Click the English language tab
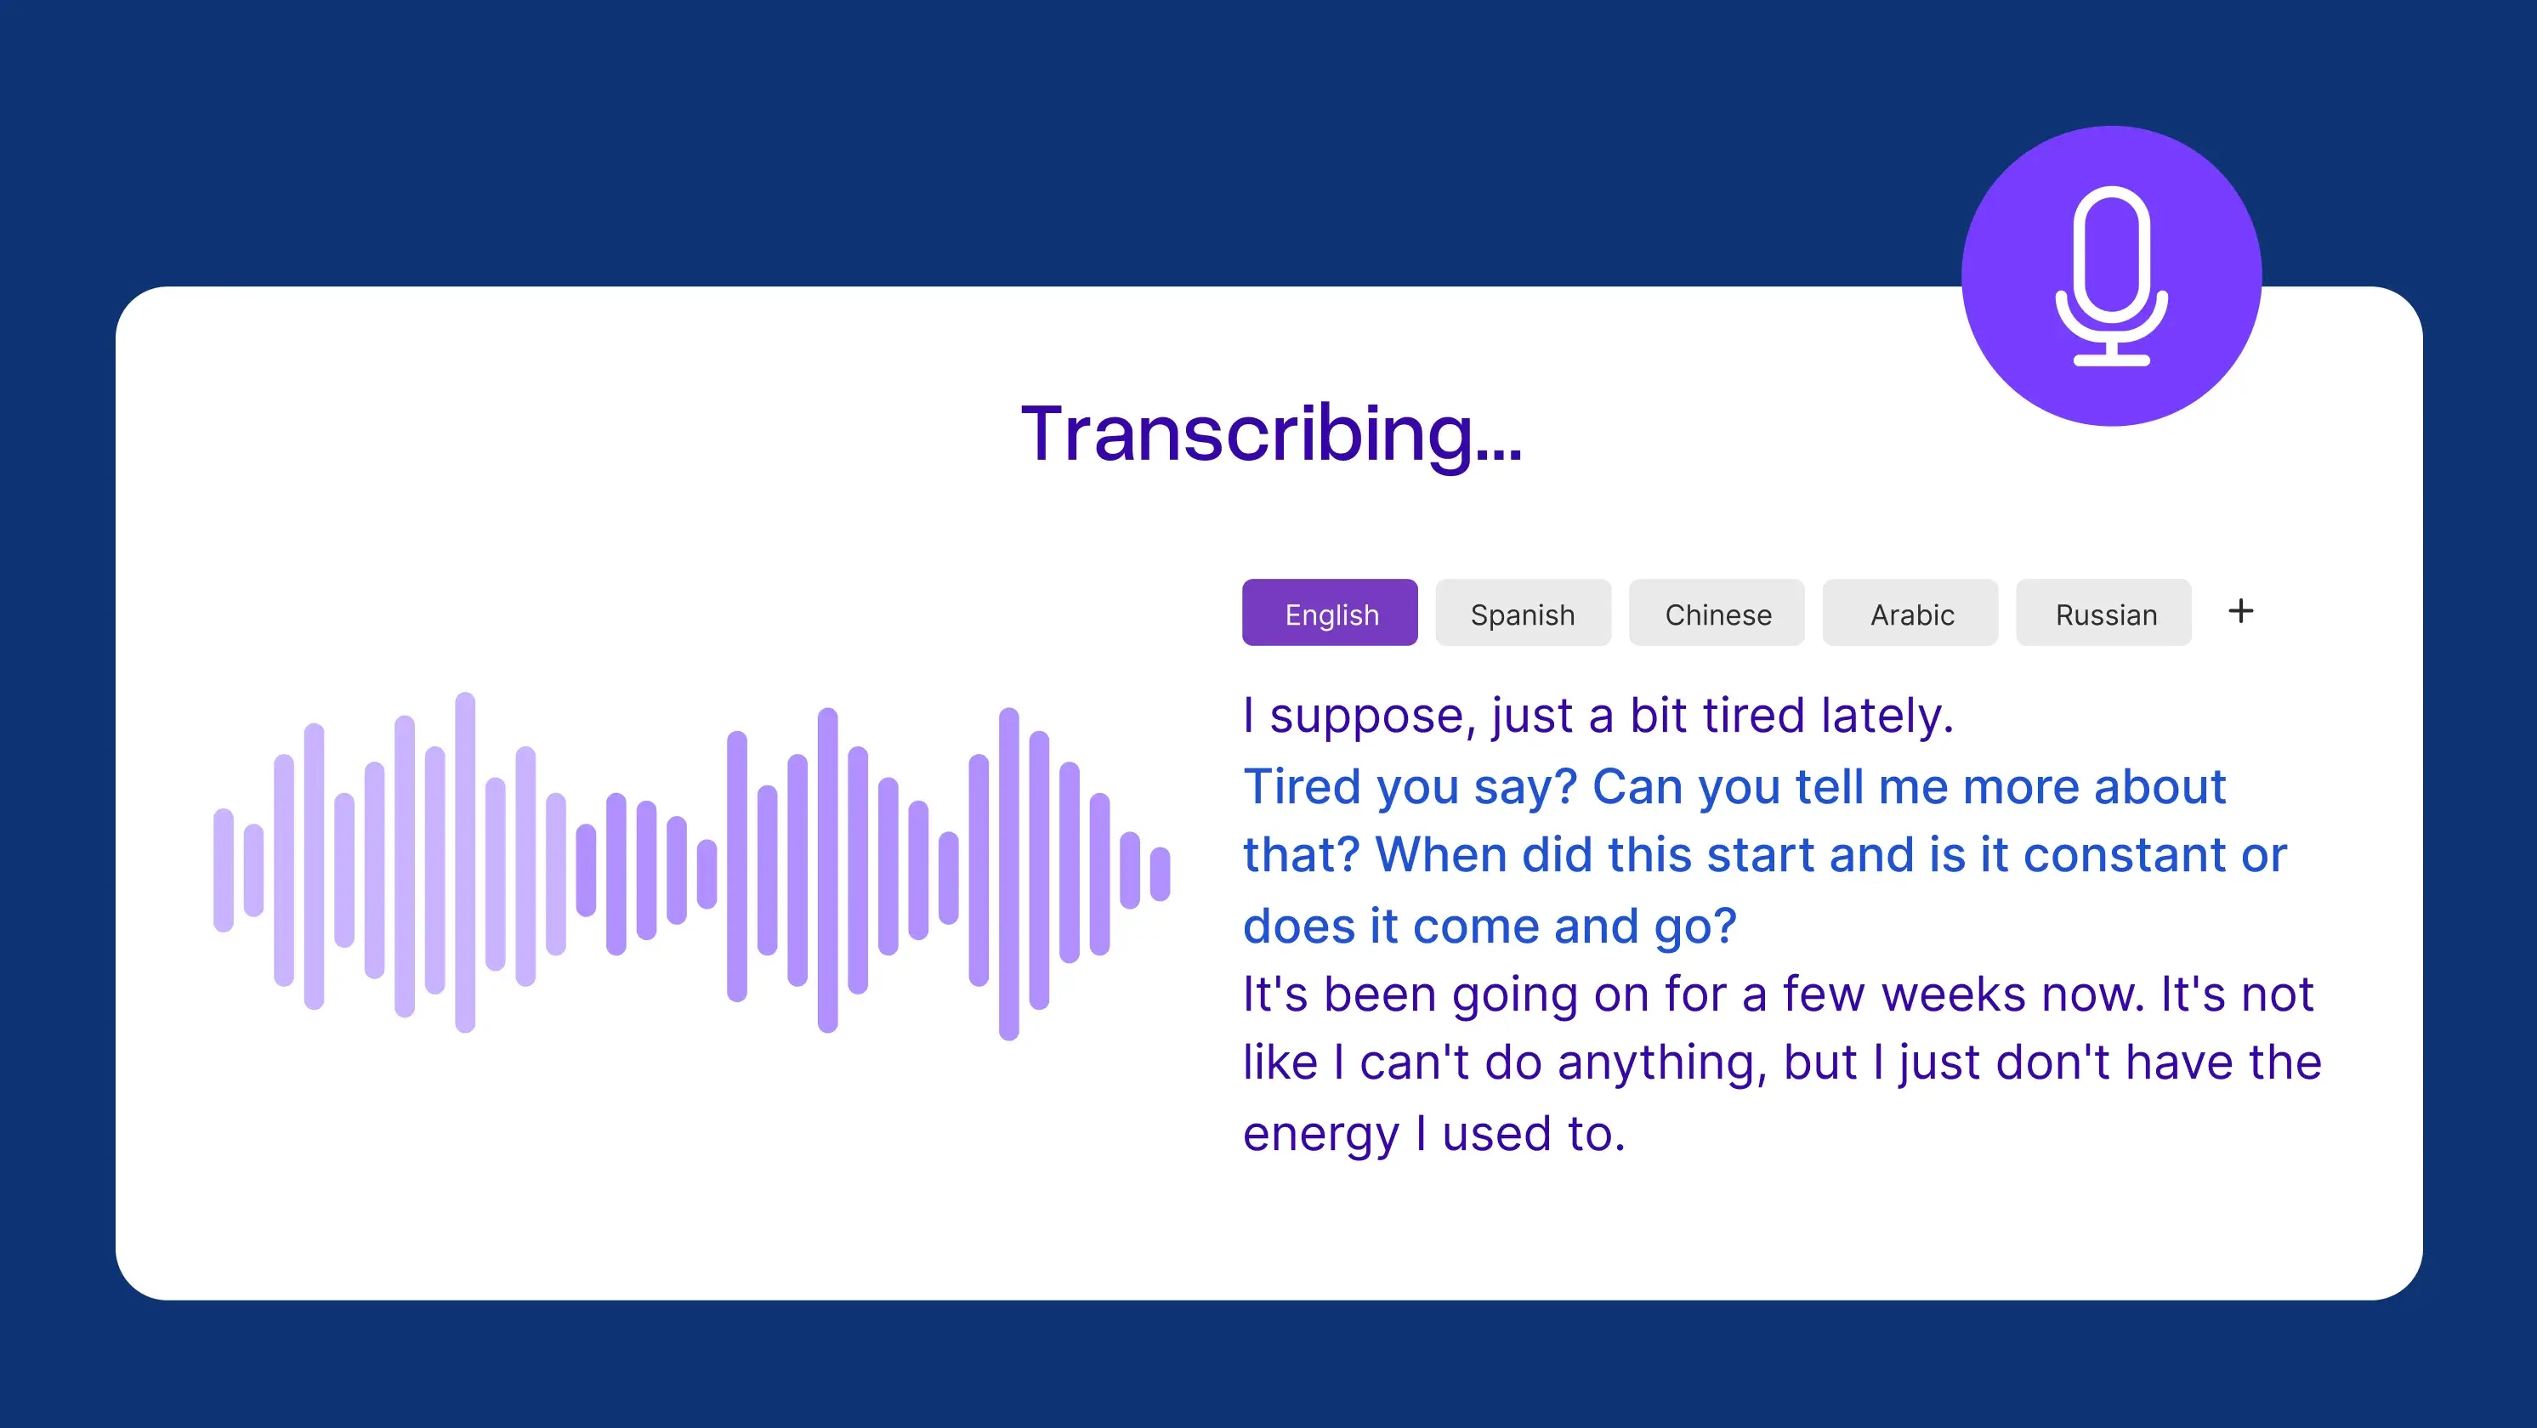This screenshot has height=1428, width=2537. (1330, 614)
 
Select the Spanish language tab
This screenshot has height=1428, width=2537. (1523, 614)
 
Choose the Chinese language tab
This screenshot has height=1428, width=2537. (1717, 614)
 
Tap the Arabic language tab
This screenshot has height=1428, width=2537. (1910, 614)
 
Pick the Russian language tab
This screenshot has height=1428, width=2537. (2104, 614)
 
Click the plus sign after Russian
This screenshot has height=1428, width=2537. (2240, 612)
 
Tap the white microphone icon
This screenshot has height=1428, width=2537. (2112, 275)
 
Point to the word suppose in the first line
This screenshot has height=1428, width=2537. (1372, 717)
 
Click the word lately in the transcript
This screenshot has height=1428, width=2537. (1886, 715)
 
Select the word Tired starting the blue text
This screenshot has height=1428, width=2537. (1301, 787)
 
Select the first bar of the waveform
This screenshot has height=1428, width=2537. (224, 870)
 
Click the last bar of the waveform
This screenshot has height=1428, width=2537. (1161, 874)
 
